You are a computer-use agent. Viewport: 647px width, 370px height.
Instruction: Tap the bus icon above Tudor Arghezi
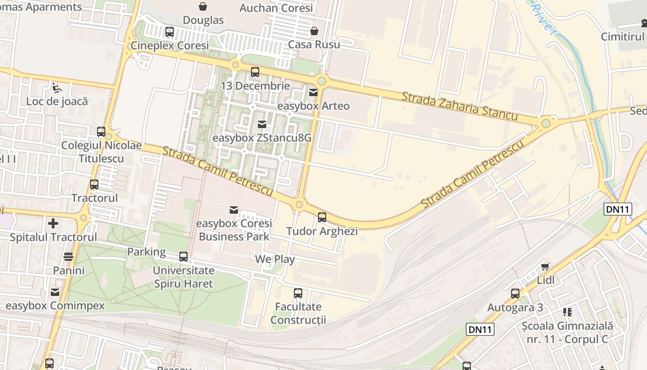point(322,217)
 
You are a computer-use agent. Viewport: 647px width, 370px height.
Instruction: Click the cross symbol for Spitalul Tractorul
point(53,223)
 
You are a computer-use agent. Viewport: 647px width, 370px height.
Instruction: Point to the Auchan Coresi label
point(276,8)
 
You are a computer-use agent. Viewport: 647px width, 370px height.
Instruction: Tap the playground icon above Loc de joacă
point(56,87)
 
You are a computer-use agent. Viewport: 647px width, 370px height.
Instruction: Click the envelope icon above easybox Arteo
point(313,92)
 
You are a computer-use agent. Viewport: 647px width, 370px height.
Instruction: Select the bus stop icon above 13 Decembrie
point(255,72)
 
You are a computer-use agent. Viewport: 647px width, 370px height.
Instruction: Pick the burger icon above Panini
point(68,256)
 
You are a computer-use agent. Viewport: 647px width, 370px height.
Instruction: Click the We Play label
point(275,259)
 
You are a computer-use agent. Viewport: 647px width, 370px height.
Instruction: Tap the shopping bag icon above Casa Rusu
point(314,31)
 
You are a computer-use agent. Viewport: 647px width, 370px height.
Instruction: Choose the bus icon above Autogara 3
point(515,293)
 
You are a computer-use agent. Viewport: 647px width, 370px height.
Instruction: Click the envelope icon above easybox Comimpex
point(55,292)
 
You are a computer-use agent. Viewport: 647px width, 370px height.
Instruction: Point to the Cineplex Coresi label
point(170,46)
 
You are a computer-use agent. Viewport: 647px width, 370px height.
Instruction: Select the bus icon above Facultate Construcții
point(298,293)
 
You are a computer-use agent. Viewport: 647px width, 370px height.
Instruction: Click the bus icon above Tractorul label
point(94,185)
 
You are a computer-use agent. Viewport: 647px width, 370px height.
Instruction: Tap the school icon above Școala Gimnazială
point(567,312)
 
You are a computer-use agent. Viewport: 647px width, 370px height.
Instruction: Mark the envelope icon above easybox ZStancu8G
point(262,124)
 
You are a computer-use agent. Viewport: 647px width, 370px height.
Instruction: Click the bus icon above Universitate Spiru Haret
point(183,257)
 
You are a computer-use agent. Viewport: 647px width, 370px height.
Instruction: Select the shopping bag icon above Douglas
point(203,6)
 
